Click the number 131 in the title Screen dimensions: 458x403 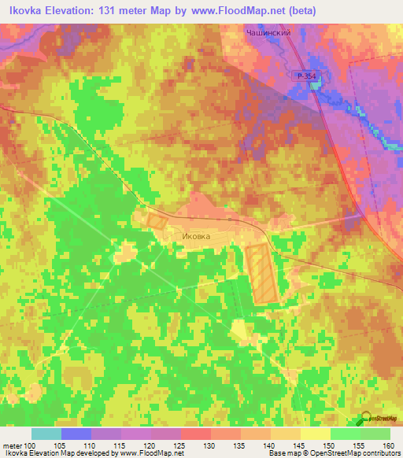pyautogui.click(x=105, y=12)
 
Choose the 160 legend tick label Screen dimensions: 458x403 pyautogui.click(x=390, y=445)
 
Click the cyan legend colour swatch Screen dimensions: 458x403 pyautogui.click(x=46, y=434)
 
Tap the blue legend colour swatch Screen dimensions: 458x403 pyautogui.click(x=76, y=434)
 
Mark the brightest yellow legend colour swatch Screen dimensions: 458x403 pyautogui.click(x=316, y=434)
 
